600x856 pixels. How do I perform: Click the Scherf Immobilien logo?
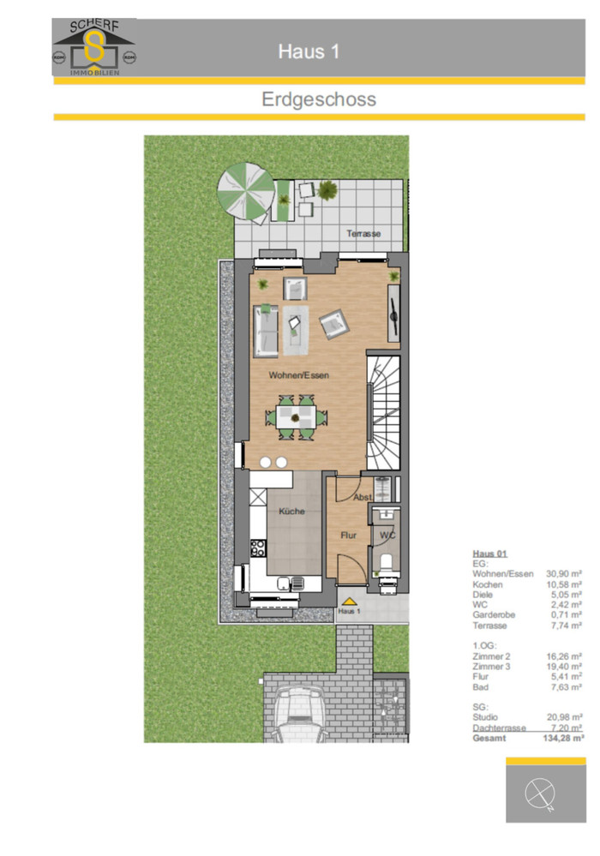(94, 47)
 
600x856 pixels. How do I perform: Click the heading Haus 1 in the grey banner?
(309, 51)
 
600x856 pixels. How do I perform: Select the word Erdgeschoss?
(319, 99)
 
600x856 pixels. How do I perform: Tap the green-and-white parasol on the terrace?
(246, 192)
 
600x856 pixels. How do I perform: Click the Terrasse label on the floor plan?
(363, 234)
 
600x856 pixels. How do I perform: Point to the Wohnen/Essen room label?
(298, 375)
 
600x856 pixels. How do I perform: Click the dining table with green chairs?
(296, 417)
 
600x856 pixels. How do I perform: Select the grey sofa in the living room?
(266, 331)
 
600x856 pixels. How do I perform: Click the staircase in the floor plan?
(383, 412)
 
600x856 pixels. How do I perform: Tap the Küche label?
(291, 511)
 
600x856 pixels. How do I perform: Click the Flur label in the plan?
(348, 535)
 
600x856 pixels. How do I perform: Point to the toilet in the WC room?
(387, 562)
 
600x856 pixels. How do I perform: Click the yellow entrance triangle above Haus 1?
(349, 602)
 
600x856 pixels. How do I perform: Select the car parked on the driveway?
(298, 715)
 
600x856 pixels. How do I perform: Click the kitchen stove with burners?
(258, 548)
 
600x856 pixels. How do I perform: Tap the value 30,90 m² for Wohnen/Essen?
(564, 574)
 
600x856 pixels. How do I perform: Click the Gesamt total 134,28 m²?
(563, 738)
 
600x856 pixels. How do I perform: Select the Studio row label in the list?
(485, 717)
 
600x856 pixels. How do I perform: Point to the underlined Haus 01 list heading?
(489, 554)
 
